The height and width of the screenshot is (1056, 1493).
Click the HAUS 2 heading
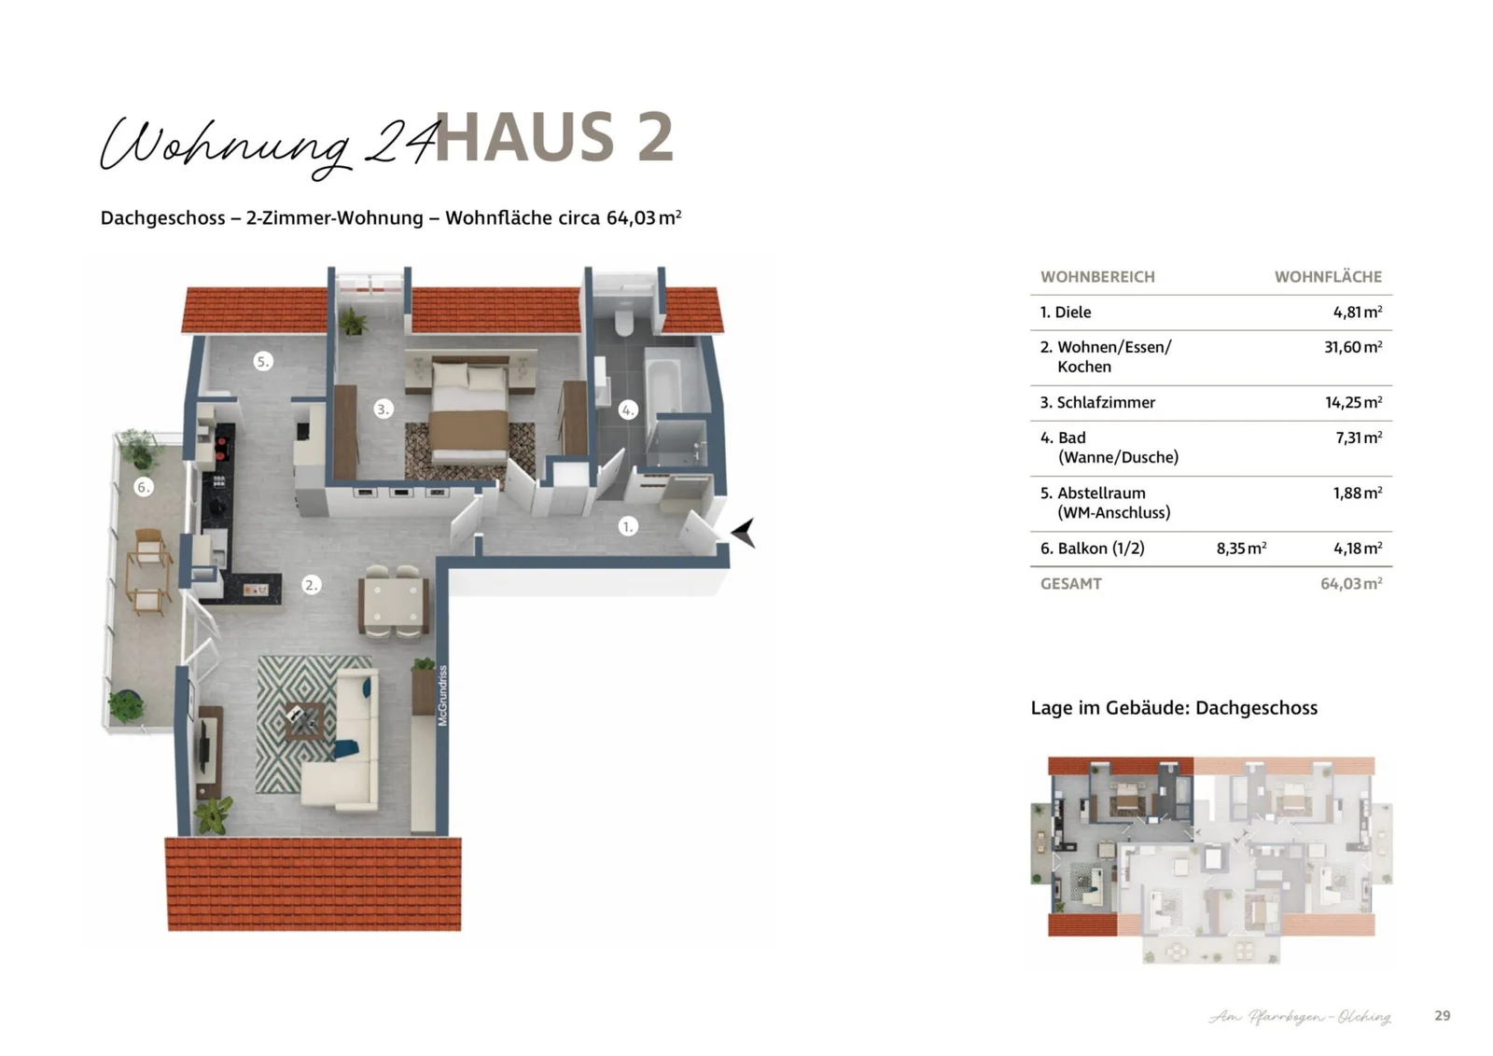(554, 137)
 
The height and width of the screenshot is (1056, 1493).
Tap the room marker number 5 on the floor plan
(263, 361)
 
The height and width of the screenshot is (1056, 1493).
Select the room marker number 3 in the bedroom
(383, 409)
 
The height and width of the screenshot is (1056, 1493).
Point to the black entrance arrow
(743, 533)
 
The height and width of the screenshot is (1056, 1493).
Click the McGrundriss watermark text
(443, 695)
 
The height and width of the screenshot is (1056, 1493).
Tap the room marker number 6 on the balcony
(143, 486)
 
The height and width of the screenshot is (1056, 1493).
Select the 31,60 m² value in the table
(1352, 347)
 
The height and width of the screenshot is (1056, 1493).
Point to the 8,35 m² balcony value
(1241, 549)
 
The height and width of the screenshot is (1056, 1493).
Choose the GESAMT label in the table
(1070, 584)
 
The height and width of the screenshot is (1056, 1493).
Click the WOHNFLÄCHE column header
(1327, 277)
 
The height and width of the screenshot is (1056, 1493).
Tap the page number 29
(1442, 1015)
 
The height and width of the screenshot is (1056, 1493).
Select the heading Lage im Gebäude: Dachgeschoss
(1173, 707)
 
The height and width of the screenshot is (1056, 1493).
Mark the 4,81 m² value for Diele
(1357, 313)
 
